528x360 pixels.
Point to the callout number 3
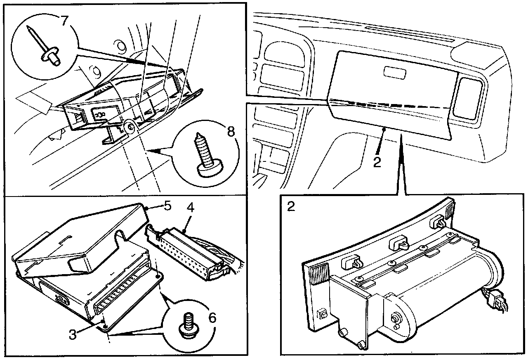click(73, 334)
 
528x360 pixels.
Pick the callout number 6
click(212, 318)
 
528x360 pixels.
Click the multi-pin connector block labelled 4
click(188, 249)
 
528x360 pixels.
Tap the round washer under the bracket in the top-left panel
click(130, 128)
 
